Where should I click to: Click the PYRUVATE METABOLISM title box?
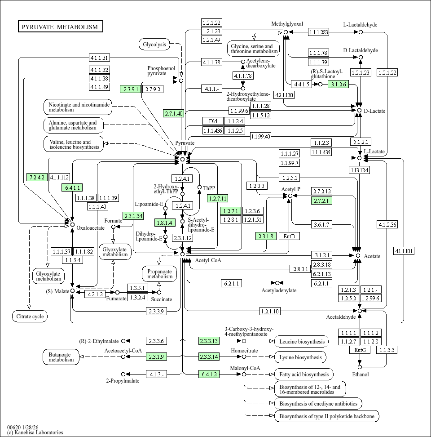(61, 27)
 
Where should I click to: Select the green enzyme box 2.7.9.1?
(131, 89)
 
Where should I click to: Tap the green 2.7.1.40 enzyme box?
(174, 113)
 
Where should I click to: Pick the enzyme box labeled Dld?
(213, 121)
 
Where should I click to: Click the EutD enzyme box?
(289, 236)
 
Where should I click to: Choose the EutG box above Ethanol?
(360, 350)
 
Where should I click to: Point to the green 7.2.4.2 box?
(37, 177)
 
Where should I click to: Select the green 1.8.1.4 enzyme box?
(164, 222)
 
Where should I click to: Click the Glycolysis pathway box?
(154, 44)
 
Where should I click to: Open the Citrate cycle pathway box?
(30, 317)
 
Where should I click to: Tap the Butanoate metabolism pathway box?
(61, 357)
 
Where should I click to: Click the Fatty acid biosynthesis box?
(303, 374)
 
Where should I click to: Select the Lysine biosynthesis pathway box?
(300, 357)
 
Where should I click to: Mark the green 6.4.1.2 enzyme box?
(209, 374)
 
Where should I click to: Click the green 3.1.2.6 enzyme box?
(339, 84)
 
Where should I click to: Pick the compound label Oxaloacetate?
(90, 228)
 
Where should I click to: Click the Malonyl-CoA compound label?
(245, 368)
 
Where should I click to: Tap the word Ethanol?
(360, 375)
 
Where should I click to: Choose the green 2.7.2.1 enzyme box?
(321, 201)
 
